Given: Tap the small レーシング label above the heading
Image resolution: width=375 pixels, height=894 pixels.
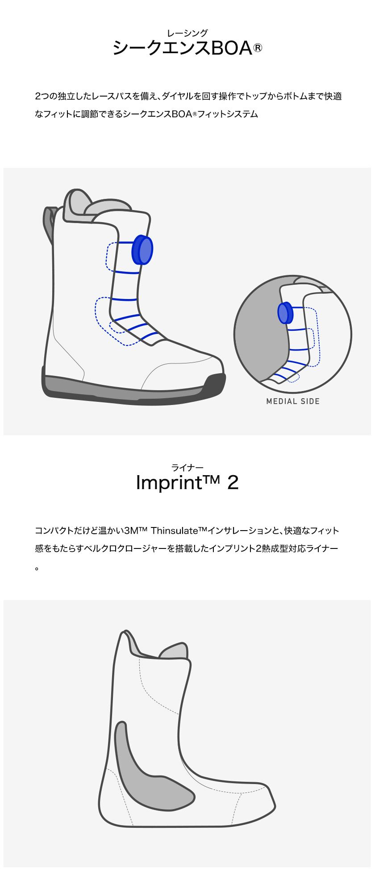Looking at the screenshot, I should [187, 33].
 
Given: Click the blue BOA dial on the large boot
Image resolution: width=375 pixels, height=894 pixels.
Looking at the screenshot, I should [143, 249].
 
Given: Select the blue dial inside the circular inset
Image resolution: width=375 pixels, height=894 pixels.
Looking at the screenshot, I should [284, 312].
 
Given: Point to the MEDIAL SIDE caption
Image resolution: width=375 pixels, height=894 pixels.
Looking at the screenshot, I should [293, 401].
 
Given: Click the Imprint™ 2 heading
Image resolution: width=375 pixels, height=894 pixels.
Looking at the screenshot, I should [187, 483].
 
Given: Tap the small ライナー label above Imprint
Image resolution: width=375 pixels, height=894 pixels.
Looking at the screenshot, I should [187, 468].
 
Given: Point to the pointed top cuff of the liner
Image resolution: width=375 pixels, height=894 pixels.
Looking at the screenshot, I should [127, 637].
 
